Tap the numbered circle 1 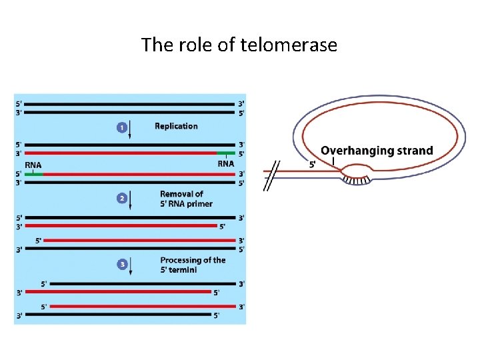tap(122, 126)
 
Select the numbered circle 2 tap(122, 198)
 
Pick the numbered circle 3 tap(122, 265)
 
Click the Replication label tap(176, 126)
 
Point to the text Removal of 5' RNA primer tap(186, 199)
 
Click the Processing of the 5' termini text tap(193, 265)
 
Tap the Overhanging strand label tap(377, 151)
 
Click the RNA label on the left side tap(33, 165)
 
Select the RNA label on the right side tap(226, 163)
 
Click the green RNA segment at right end tap(225, 153)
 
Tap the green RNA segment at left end tap(33, 174)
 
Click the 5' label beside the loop tap(312, 164)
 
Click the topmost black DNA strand tap(131, 104)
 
